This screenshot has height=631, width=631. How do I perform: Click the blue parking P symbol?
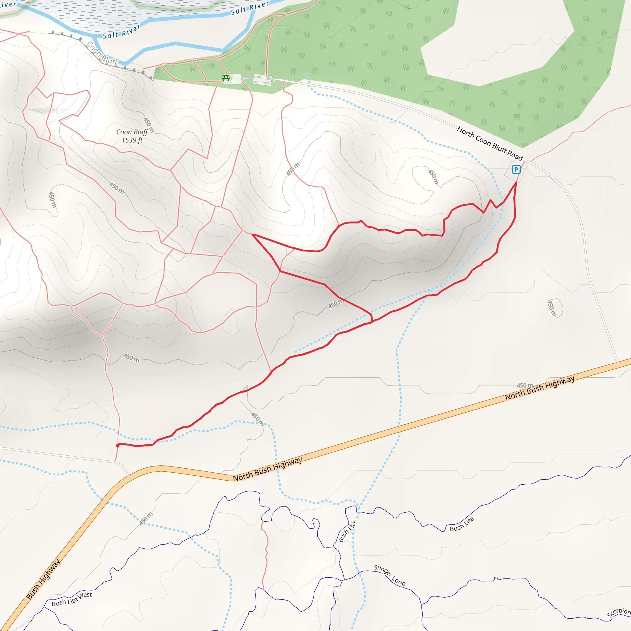516,169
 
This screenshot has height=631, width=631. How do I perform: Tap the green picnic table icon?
226,78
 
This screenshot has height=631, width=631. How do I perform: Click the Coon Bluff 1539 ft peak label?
132,136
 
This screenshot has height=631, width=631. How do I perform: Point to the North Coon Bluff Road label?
490,143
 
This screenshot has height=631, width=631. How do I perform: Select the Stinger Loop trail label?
390,575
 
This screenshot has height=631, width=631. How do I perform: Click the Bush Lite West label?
72,599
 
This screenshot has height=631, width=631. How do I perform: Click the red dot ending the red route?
118,446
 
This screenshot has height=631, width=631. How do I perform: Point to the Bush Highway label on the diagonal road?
43,579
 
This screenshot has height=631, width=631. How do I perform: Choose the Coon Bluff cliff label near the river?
102,53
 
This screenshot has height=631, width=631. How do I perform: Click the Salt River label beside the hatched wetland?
121,31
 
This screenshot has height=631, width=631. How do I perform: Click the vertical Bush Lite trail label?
347,531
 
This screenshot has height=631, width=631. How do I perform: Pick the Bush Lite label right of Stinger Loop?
462,524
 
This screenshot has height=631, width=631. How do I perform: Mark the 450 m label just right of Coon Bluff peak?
149,125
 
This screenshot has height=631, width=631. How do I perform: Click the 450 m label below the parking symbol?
433,177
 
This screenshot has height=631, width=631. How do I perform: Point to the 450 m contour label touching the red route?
336,303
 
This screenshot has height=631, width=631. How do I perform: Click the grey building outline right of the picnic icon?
263,79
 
